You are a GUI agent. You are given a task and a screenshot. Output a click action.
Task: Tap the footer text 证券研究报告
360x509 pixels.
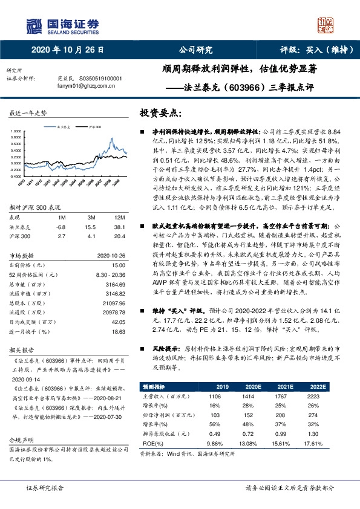(46, 487)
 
